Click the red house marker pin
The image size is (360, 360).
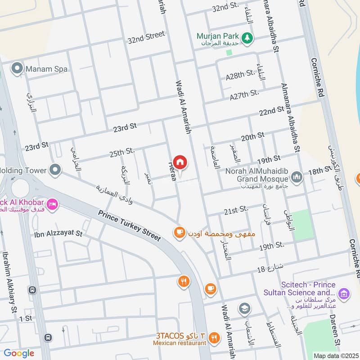180,162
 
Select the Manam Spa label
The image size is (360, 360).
46,69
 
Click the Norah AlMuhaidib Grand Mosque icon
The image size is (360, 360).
296,176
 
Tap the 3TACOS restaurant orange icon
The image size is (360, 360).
215,337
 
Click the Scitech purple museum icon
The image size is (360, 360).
344,294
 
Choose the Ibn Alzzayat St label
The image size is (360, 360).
58,234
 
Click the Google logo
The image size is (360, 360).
19,353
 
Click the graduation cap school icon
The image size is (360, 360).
245,308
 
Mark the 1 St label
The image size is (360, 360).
26,318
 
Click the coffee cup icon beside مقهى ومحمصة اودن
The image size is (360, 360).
180,232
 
